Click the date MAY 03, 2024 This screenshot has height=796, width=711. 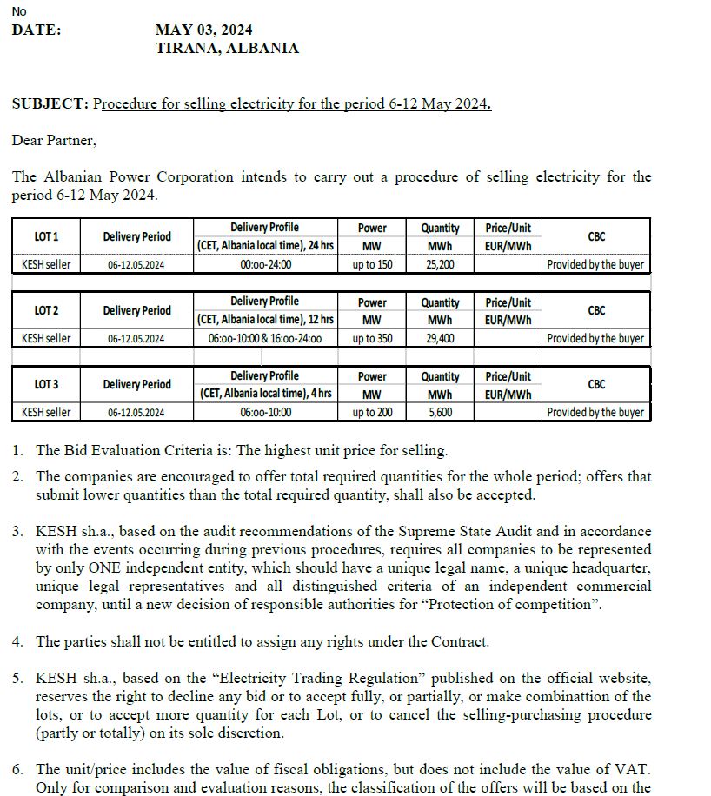click(203, 30)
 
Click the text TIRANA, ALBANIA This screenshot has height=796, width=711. click(227, 49)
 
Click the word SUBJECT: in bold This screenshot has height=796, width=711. click(50, 104)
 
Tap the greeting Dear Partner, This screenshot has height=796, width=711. click(54, 140)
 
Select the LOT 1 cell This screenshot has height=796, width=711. click(46, 236)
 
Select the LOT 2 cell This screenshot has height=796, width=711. click(46, 310)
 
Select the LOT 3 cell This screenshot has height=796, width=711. click(46, 384)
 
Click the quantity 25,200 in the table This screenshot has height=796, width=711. click(440, 264)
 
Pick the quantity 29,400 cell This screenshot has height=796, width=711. click(440, 338)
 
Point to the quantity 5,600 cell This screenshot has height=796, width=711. click(440, 412)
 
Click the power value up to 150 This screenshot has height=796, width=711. click(372, 264)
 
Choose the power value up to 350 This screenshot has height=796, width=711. click(372, 338)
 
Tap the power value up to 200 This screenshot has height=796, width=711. click(372, 412)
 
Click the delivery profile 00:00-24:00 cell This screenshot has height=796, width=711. click(265, 264)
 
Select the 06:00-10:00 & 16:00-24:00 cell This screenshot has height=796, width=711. click(265, 338)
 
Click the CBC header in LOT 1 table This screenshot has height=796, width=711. click(596, 236)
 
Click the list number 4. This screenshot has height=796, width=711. click(17, 641)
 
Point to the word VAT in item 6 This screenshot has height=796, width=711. click(636, 769)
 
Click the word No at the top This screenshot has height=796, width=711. click(19, 11)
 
